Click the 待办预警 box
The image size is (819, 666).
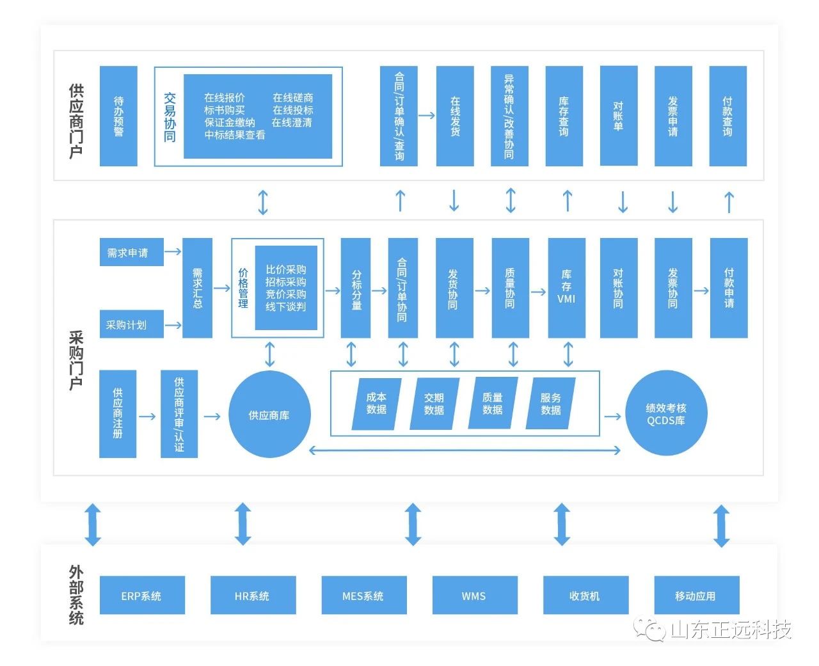pos(118,116)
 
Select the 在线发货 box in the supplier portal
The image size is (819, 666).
pos(455,116)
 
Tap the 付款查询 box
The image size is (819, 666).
pos(728,116)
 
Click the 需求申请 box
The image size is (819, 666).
pos(131,253)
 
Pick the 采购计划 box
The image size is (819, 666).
pos(131,324)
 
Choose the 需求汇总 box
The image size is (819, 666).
pos(197,288)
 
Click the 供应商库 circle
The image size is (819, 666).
pos(269,415)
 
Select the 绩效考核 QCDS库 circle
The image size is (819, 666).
pos(666,415)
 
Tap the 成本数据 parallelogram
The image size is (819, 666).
pos(376,404)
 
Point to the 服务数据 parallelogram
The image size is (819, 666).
pos(550,404)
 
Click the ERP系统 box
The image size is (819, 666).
pos(141,596)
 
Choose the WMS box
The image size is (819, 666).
pos(474,596)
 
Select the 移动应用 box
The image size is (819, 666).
pos(696,596)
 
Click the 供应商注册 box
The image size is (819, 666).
pos(118,414)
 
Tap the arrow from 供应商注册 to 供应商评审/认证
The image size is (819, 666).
pos(147,416)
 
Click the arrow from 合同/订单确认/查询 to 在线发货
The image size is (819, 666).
pos(426,116)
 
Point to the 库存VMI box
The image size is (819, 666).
pos(566,288)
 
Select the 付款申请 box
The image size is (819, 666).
pos(729,288)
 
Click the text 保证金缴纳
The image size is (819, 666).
pos(230,122)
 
